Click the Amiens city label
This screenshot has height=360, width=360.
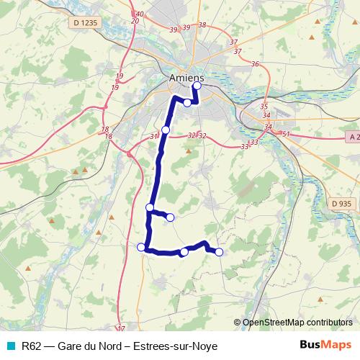(186, 78)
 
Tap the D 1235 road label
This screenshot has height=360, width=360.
(85, 23)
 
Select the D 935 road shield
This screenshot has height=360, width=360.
(342, 204)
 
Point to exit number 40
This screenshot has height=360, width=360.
(139, 14)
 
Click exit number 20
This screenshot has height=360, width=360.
(135, 21)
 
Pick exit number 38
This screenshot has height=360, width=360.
(202, 25)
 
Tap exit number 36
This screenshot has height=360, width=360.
(255, 65)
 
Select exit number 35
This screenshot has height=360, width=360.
(264, 107)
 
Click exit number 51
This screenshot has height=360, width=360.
(286, 134)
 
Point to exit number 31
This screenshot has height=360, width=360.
(153, 136)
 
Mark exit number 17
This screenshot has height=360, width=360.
(121, 328)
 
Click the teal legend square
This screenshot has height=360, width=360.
(9, 346)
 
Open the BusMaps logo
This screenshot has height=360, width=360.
(325, 345)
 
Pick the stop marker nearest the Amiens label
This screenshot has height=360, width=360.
(197, 86)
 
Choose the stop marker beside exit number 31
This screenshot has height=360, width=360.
(166, 130)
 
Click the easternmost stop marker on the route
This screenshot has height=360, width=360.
(219, 251)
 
